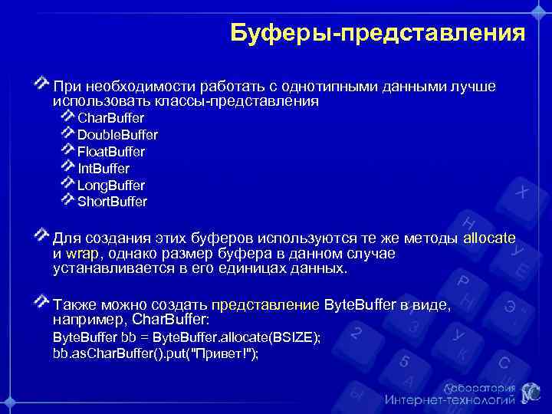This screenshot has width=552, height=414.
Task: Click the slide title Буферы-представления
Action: tap(377, 34)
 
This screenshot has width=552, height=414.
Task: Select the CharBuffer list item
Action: tap(110, 118)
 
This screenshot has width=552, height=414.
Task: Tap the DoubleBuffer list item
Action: tap(117, 135)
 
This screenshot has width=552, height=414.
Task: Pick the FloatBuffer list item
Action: tap(111, 152)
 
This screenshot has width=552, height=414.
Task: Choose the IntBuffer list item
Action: tap(103, 169)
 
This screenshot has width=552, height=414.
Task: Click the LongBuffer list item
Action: tap(111, 186)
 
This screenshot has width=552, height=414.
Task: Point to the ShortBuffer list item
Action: tap(112, 202)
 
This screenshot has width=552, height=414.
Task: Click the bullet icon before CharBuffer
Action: tap(67, 117)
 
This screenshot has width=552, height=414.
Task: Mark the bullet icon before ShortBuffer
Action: tap(67, 201)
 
